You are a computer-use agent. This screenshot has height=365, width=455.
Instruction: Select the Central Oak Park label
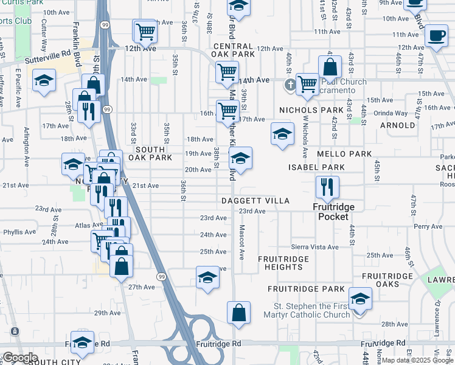click(x=234, y=50)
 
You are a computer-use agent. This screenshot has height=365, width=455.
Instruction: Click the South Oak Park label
click(x=153, y=153)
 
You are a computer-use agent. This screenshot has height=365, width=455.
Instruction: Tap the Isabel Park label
click(x=316, y=167)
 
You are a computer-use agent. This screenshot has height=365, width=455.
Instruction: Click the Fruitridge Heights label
click(x=283, y=263)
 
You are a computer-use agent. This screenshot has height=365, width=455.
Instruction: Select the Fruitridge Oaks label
click(x=388, y=280)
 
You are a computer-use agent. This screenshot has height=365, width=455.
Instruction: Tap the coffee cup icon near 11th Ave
click(x=436, y=35)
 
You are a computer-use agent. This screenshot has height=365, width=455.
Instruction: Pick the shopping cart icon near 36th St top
click(x=145, y=30)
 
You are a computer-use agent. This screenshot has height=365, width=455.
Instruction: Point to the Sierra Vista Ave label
click(x=314, y=247)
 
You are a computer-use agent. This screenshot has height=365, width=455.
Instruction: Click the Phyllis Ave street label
click(x=19, y=232)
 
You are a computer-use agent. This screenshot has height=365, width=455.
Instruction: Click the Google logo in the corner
click(x=20, y=357)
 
